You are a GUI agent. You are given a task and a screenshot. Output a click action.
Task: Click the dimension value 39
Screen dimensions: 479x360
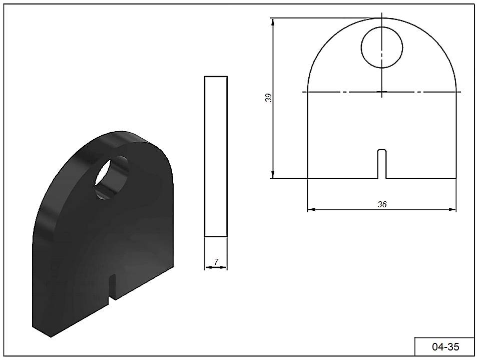pos(268,98)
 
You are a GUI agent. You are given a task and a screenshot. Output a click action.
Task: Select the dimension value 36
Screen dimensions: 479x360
pos(382,204)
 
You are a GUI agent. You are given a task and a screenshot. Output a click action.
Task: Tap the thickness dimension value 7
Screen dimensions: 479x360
pos(216,262)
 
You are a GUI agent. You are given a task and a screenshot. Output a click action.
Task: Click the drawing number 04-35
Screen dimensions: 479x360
pos(445,346)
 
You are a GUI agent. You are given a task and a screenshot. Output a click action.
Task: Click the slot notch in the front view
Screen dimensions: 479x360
pos(382,164)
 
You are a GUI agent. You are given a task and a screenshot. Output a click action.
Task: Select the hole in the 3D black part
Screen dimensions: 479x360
pos(112,178)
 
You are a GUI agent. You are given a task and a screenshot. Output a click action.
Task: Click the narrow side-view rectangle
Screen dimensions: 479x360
pos(216,157)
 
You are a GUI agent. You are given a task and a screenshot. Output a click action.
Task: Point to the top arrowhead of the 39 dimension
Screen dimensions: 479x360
pos(273,22)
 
